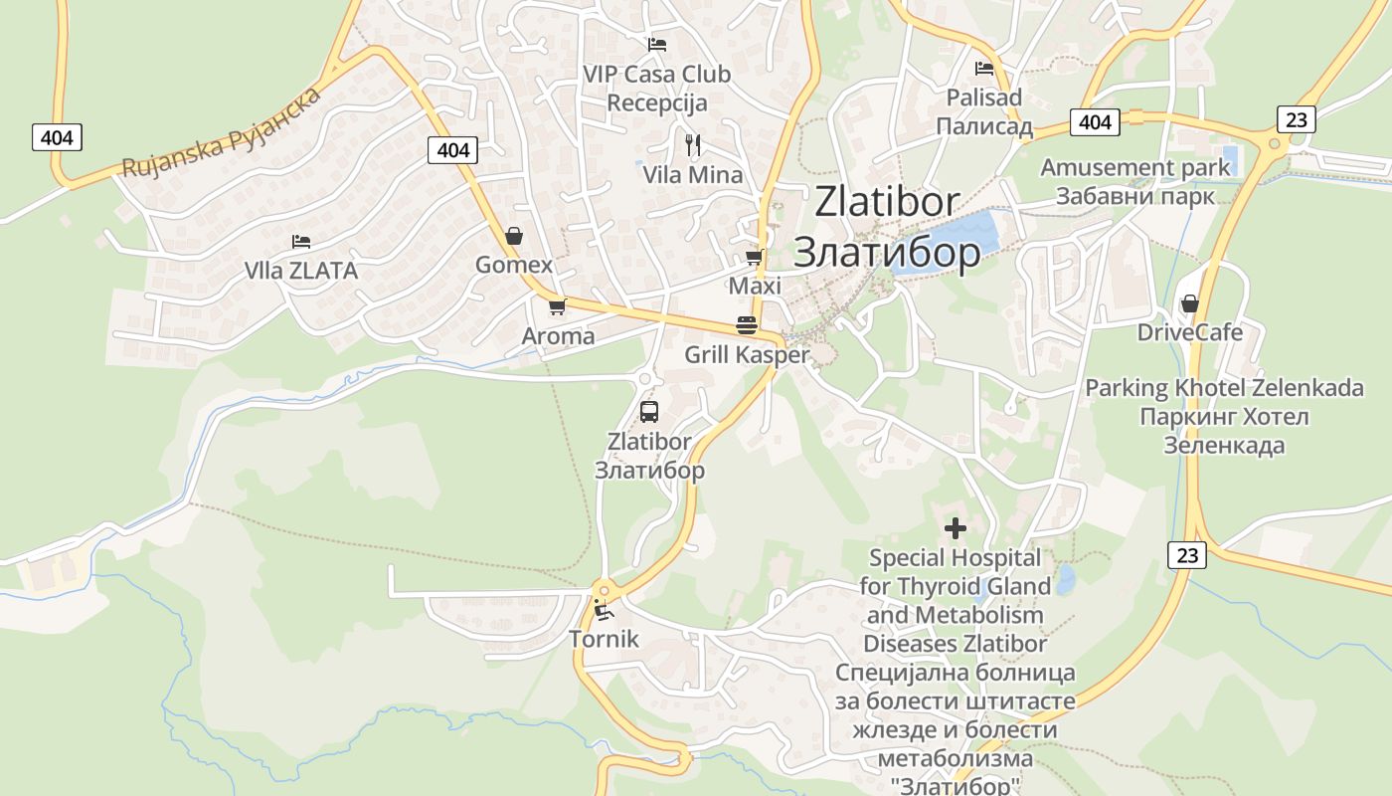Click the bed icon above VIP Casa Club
[x=656, y=44]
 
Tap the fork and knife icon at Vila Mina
[x=693, y=145]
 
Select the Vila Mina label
[x=693, y=175]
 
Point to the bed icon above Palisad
[x=984, y=69]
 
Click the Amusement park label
[x=1135, y=168]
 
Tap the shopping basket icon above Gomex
[x=514, y=236]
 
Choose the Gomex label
[x=514, y=265]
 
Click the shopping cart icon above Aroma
[x=557, y=306]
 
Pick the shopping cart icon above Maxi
[x=755, y=258]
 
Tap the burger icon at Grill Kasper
[x=747, y=325]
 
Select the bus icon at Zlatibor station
[x=649, y=411]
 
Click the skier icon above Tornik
[x=604, y=609]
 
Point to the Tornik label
[x=604, y=639]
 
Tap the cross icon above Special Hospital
[x=956, y=528]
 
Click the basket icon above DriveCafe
[x=1189, y=303]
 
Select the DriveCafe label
[x=1190, y=332]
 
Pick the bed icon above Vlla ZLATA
[x=301, y=242]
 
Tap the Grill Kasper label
[x=747, y=355]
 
